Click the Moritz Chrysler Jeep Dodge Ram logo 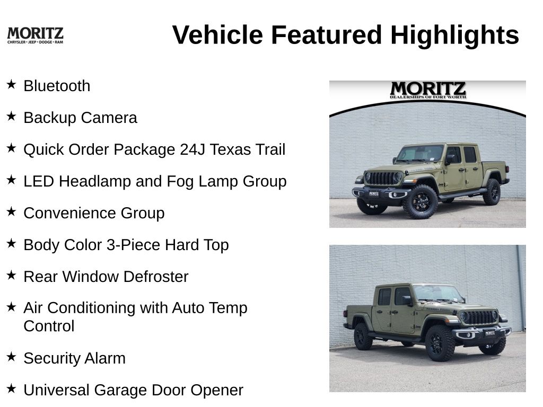(36, 36)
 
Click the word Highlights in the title (454, 36)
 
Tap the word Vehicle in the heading (217, 35)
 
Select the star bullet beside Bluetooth (12, 84)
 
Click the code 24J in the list (192, 149)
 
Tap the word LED (39, 181)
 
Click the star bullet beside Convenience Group (12, 211)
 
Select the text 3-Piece (134, 245)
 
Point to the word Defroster (156, 277)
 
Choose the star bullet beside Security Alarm (12, 357)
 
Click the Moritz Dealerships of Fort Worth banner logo (428, 90)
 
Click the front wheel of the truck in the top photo (420, 202)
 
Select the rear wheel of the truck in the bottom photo (363, 337)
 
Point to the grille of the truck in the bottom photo (479, 317)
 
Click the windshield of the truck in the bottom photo (437, 294)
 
